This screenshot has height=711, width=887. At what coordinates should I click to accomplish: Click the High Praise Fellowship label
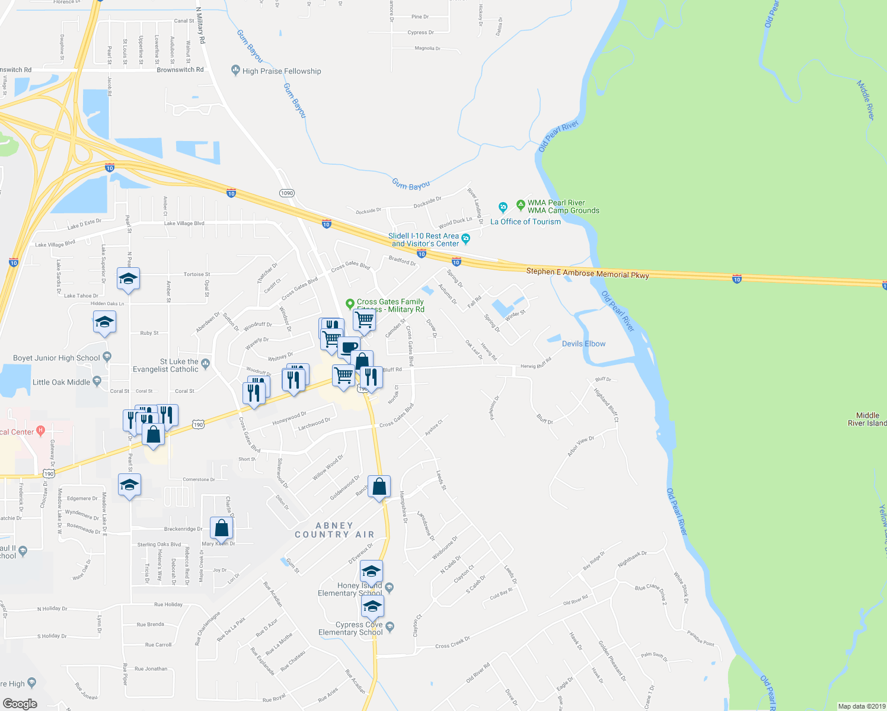(282, 71)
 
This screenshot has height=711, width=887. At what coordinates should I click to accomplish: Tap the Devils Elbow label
(583, 344)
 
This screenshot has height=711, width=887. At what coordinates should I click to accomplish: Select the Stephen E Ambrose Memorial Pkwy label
(588, 274)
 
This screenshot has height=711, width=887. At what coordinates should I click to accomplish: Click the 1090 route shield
(287, 193)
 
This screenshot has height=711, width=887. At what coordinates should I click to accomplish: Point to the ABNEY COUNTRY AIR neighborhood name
(334, 530)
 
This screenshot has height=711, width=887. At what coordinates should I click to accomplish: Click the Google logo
(20, 704)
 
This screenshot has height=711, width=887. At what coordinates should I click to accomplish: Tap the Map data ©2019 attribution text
(862, 706)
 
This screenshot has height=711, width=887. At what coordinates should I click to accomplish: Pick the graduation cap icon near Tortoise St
(128, 278)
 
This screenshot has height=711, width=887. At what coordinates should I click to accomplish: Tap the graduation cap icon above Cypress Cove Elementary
(372, 606)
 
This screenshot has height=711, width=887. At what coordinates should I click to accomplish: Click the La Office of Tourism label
(525, 222)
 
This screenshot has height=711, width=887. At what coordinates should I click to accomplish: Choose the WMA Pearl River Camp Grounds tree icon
(521, 206)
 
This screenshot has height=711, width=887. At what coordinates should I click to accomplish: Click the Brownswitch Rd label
(180, 70)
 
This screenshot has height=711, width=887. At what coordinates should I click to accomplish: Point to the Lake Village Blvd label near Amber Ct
(184, 223)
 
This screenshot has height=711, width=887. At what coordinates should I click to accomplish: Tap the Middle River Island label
(868, 419)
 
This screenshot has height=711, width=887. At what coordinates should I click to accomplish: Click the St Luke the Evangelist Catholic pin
(205, 363)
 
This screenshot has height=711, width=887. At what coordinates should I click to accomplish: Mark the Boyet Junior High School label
(56, 358)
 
